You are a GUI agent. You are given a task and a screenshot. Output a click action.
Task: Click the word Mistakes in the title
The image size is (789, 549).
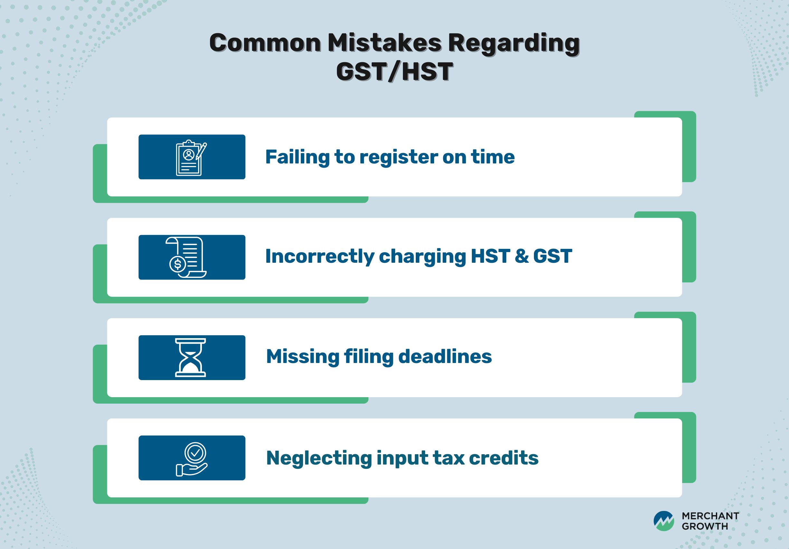click(x=384, y=43)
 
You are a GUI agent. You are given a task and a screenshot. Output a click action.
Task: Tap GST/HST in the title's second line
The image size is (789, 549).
click(x=394, y=72)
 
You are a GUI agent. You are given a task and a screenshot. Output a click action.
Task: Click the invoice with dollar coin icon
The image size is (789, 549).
click(x=186, y=257)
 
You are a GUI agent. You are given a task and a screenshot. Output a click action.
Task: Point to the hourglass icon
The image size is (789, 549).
click(x=190, y=358)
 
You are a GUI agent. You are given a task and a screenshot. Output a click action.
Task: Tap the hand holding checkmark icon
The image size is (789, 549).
click(x=192, y=459)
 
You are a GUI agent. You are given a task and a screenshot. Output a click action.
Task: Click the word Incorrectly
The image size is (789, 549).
click(x=319, y=257)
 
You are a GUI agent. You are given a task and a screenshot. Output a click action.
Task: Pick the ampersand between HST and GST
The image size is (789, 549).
click(x=521, y=257)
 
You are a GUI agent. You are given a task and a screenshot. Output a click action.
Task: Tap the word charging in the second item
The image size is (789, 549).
click(x=422, y=257)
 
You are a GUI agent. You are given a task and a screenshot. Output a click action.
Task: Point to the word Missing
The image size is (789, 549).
click(x=303, y=357)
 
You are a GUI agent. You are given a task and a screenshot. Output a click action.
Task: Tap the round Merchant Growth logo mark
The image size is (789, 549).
click(x=664, y=521)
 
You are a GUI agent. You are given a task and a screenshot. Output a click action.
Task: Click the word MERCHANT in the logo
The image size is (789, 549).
click(x=710, y=516)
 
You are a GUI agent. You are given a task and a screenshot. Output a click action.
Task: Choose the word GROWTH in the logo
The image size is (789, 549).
click(x=705, y=526)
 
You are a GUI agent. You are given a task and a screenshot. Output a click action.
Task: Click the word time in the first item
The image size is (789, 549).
click(x=493, y=157)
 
